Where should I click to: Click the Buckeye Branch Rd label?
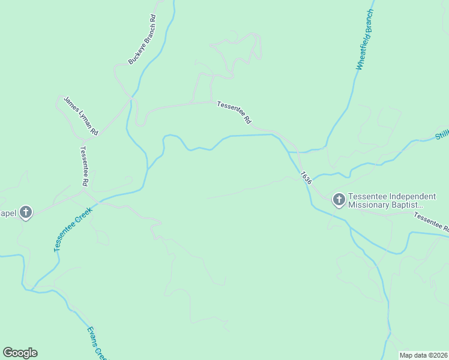[x=142, y=39]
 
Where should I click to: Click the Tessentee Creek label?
[x=71, y=230]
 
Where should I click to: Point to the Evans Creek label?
[x=96, y=342]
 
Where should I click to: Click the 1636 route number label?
[x=306, y=178]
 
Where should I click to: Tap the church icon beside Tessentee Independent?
[x=339, y=200]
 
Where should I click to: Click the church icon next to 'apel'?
[x=25, y=212]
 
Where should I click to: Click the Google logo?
[x=20, y=353]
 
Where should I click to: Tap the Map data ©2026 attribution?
[x=423, y=355]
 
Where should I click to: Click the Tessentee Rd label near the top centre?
[x=234, y=112]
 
